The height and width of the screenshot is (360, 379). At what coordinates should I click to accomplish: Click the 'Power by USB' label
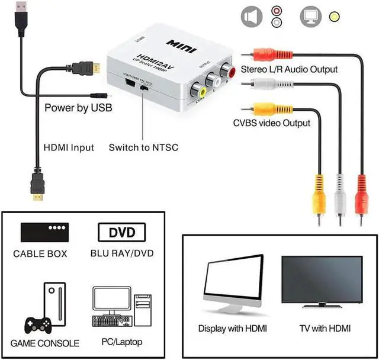78,108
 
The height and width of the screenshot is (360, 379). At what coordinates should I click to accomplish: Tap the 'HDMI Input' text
69,147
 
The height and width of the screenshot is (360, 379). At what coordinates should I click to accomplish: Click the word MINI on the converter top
183,44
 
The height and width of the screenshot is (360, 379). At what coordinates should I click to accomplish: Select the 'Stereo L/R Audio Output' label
289,69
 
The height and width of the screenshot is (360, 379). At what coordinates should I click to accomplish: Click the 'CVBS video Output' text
271,123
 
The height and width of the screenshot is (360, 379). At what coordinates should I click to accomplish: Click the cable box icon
44,232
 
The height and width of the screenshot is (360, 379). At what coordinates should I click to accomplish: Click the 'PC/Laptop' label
123,342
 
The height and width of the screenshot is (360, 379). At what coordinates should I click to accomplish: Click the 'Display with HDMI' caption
232,328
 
